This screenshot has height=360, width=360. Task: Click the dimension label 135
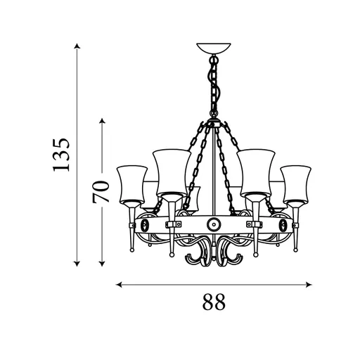(x=61, y=155)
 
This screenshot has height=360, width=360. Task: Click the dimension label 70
(x=101, y=191)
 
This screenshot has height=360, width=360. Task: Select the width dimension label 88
(x=214, y=302)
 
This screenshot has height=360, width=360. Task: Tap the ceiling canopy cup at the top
(x=214, y=49)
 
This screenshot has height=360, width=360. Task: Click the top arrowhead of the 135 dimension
(x=77, y=46)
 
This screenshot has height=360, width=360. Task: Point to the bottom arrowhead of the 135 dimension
(x=77, y=264)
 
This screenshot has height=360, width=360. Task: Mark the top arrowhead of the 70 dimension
(x=102, y=121)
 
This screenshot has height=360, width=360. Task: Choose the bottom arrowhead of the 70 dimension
(x=102, y=264)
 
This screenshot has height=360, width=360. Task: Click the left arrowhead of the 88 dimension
(x=119, y=285)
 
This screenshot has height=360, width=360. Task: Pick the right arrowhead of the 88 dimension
(x=309, y=285)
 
